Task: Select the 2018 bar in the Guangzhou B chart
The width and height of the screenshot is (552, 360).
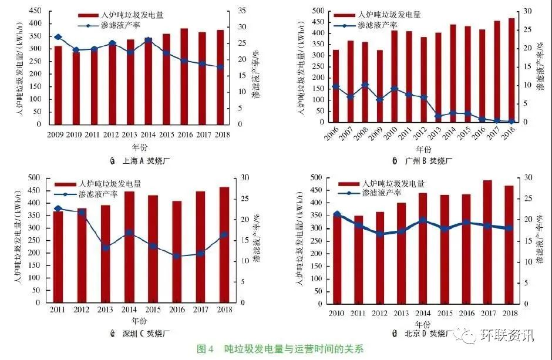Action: pos(512,70)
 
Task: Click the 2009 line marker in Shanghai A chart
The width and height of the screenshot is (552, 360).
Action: pos(58,37)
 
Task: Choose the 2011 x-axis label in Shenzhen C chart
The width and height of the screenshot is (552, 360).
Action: pos(57,309)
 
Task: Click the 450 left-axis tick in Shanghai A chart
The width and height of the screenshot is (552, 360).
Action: pos(35,11)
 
